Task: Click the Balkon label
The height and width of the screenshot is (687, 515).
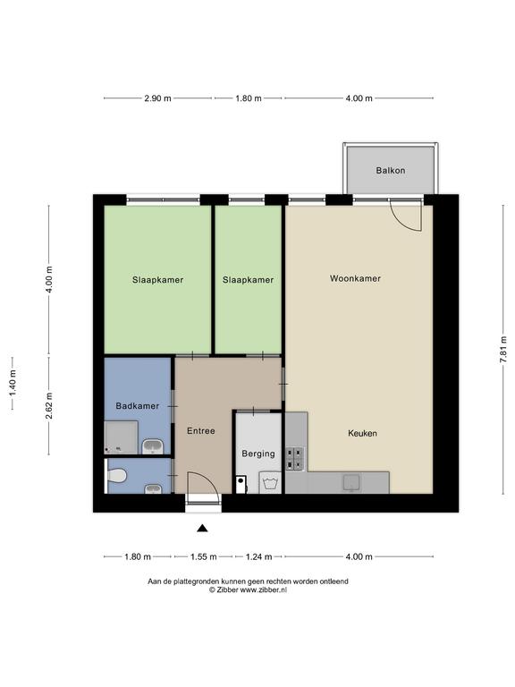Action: click(390, 170)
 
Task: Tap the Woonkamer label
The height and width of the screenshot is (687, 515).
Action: click(355, 278)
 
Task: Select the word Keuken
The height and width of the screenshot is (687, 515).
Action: click(362, 433)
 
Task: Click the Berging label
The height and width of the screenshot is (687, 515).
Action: click(258, 454)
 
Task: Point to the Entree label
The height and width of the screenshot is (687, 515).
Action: click(201, 430)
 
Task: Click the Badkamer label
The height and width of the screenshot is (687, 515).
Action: click(137, 406)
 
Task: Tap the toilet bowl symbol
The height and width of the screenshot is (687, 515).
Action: click(118, 475)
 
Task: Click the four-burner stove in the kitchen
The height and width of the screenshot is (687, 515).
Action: click(295, 458)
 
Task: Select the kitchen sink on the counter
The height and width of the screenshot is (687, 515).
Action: click(351, 482)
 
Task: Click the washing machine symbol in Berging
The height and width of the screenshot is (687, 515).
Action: click(270, 483)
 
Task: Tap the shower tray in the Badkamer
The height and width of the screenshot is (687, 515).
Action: click(122, 437)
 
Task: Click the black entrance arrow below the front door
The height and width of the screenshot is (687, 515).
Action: click(202, 529)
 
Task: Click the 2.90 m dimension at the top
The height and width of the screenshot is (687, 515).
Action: click(157, 98)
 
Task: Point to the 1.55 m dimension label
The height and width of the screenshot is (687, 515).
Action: click(204, 556)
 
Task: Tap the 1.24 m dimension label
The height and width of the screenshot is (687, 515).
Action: click(258, 556)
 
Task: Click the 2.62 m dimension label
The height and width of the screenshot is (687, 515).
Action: click(49, 405)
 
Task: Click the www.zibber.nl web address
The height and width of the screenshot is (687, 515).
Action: click(264, 589)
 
